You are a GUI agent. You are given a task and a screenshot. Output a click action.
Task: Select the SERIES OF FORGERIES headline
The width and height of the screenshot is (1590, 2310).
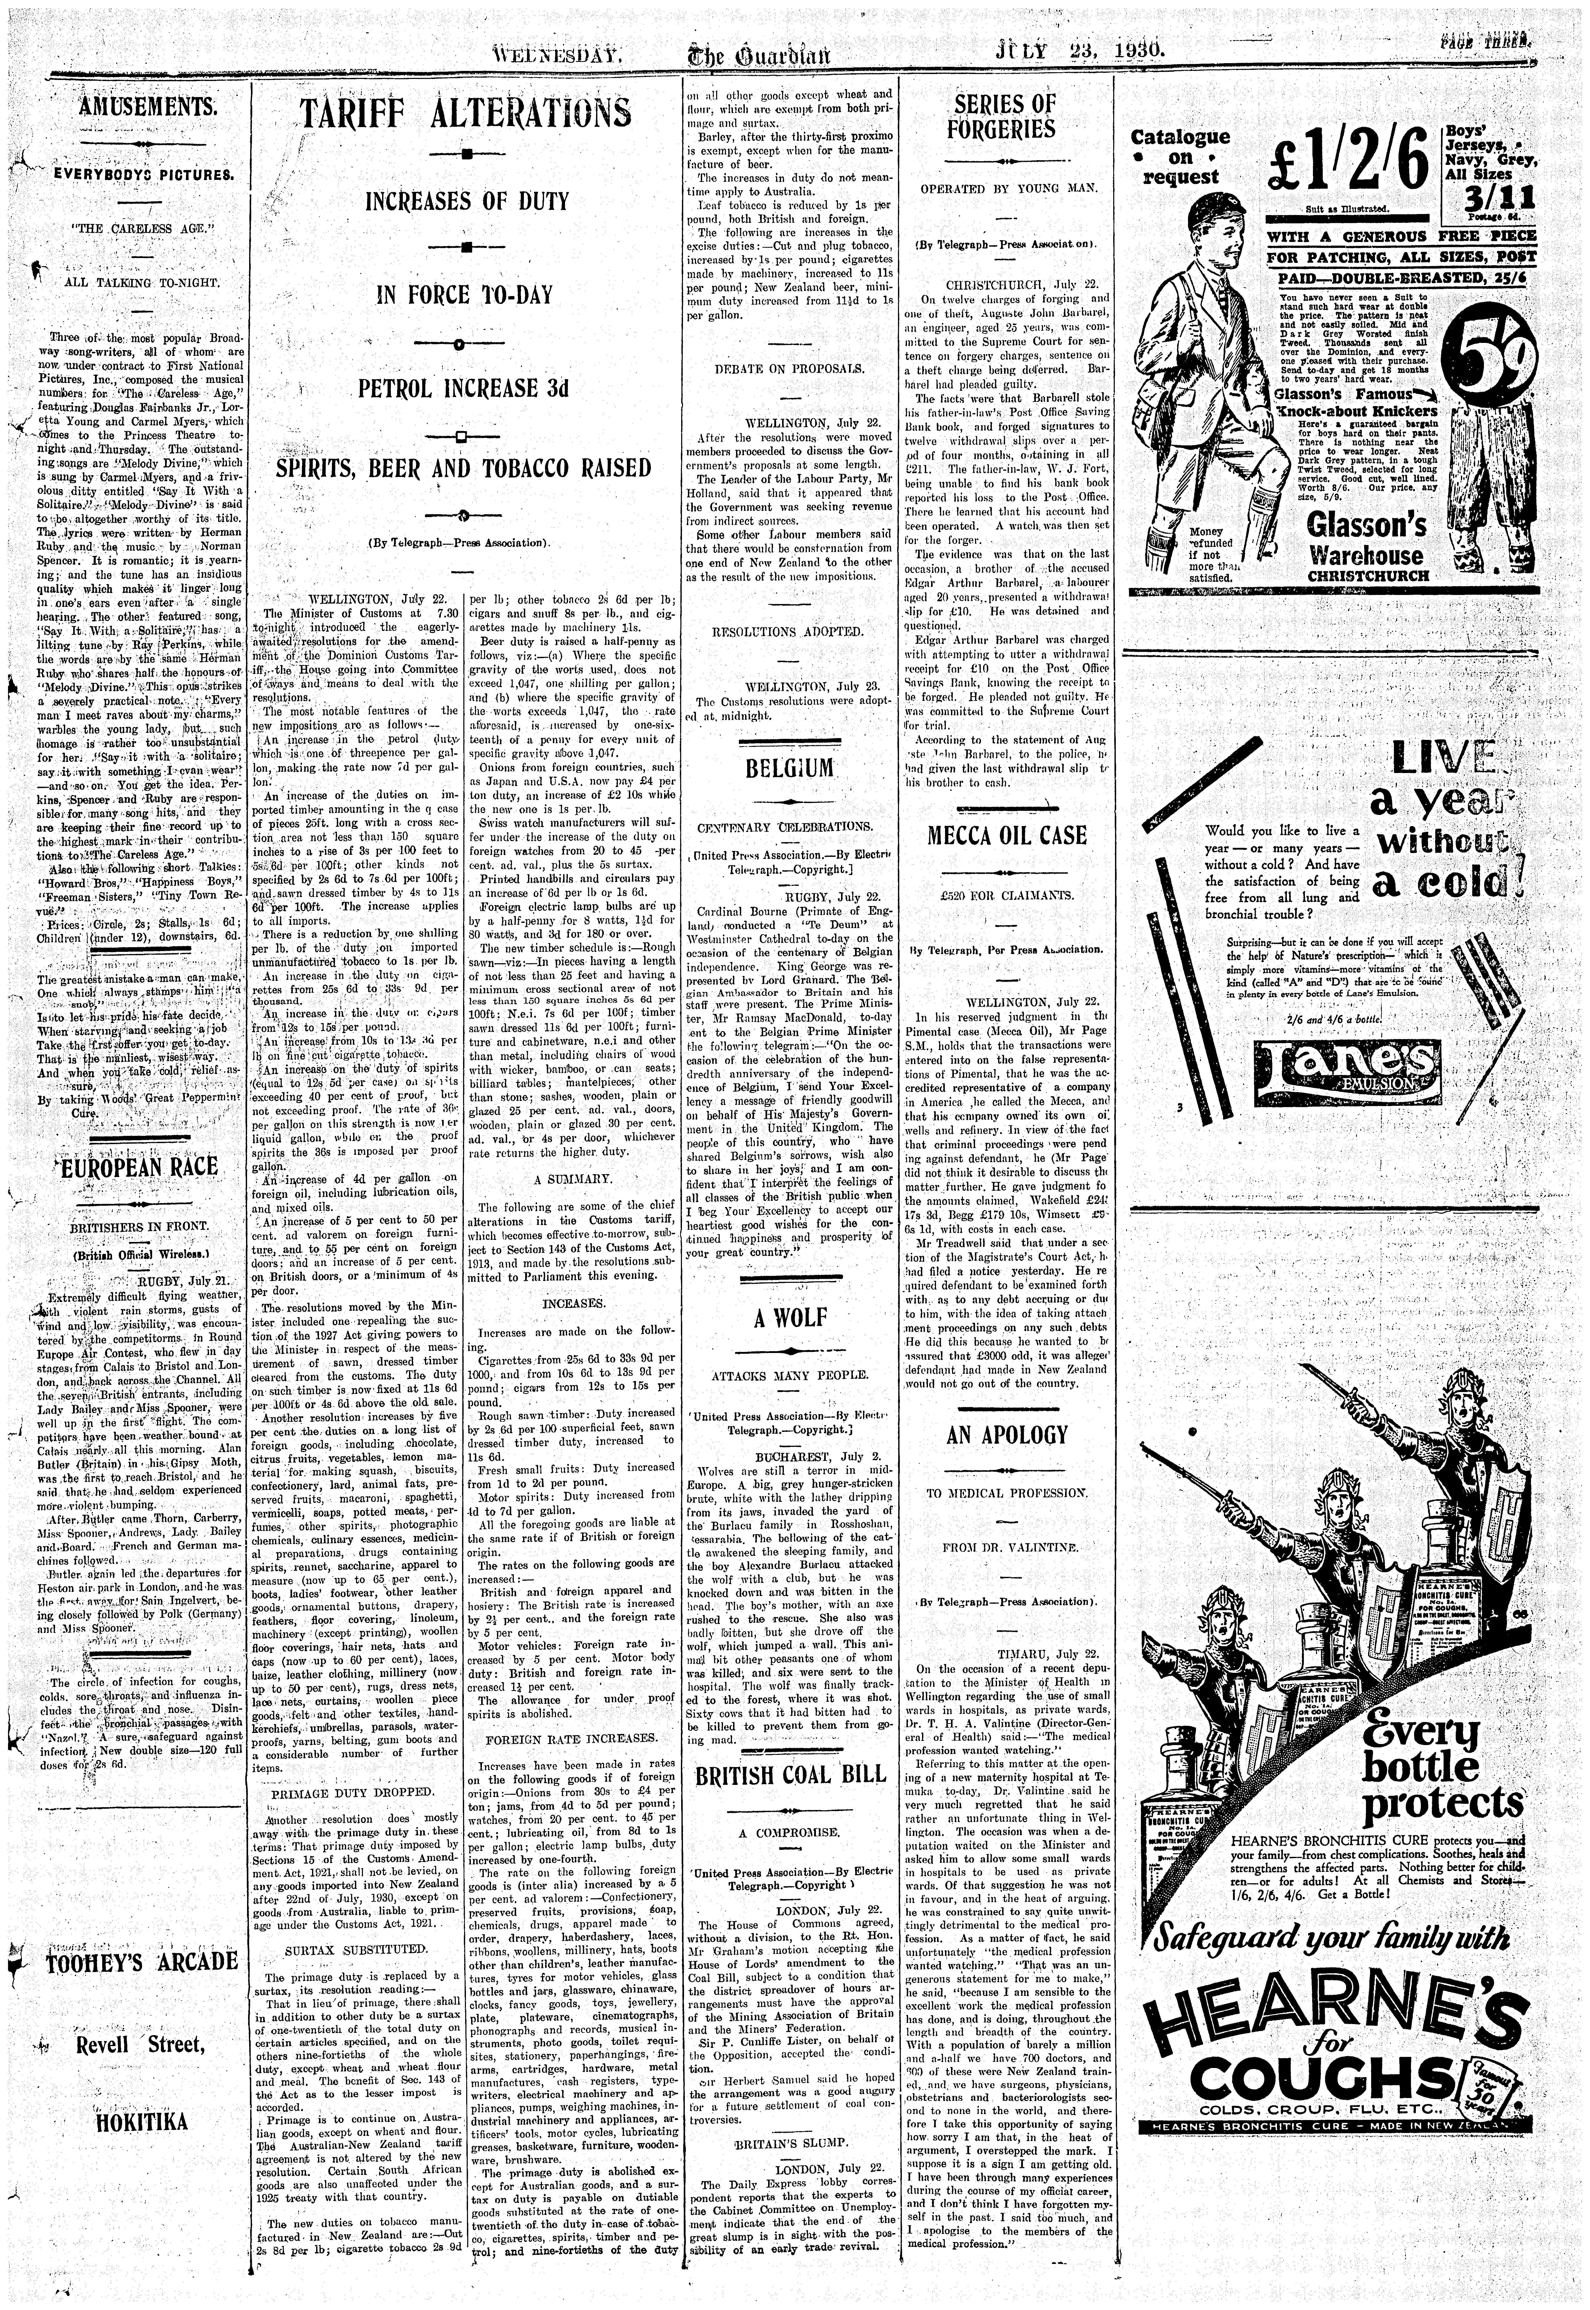[x=1004, y=116]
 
